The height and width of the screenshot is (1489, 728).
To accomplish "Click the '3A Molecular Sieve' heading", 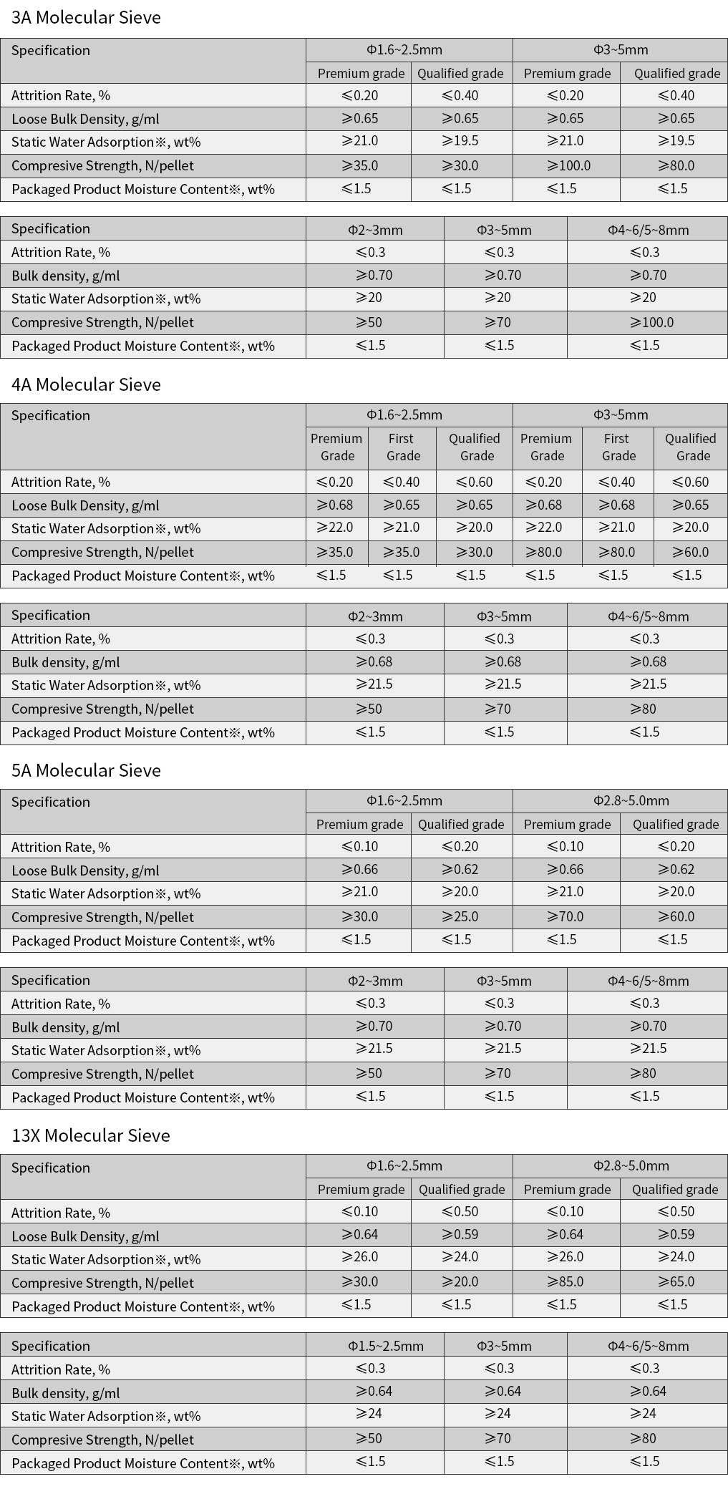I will tap(86, 18).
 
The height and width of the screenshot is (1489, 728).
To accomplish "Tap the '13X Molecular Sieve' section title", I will tap(91, 1135).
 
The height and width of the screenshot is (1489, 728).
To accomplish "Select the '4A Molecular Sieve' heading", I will tap(86, 384).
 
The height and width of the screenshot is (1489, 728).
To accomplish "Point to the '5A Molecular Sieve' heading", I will tap(86, 770).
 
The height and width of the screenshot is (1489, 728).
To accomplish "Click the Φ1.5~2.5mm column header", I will tap(386, 1346).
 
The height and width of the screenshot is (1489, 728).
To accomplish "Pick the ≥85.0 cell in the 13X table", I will tap(566, 1281).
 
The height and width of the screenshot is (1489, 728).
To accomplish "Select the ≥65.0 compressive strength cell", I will tap(676, 1281).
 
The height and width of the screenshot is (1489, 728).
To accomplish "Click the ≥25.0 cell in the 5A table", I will tap(460, 916).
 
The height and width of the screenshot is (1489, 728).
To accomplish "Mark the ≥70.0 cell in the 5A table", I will tap(566, 916).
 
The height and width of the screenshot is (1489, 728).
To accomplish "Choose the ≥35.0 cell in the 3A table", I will tap(360, 165).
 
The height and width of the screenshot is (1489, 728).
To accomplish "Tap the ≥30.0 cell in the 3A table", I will tap(460, 165).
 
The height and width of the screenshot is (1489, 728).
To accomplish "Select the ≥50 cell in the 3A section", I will tap(369, 322).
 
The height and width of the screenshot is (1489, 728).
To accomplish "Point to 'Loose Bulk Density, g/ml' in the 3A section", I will tap(85, 119).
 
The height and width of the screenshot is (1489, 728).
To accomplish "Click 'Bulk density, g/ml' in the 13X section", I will tap(66, 1393).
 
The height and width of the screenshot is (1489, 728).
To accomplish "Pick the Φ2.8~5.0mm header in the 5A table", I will tap(631, 800).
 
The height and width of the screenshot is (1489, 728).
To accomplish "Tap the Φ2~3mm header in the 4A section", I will tap(375, 616).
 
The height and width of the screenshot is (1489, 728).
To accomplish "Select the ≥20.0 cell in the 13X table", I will tap(460, 1281).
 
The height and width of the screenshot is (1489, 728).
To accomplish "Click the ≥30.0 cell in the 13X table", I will tap(360, 1281).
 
